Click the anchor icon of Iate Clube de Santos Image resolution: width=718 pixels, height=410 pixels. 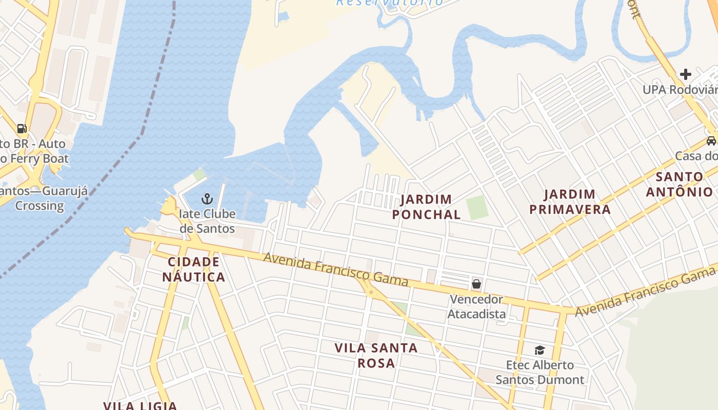[x=207, y=198]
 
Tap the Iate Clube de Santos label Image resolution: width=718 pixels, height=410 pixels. [x=207, y=221]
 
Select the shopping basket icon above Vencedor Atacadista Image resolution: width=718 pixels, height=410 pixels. [x=476, y=283]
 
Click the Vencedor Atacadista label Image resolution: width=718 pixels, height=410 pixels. [x=476, y=306]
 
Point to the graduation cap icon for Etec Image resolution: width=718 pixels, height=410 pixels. [x=540, y=350]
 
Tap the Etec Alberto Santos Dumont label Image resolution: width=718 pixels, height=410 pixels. [x=540, y=373]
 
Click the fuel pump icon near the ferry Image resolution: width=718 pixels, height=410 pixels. [x=22, y=128]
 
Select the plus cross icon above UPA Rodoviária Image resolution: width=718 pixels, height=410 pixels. [x=685, y=74]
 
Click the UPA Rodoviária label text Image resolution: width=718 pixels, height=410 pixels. [x=680, y=90]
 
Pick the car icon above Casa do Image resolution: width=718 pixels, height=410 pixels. [x=711, y=140]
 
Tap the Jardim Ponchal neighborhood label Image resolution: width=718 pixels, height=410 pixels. [x=426, y=207]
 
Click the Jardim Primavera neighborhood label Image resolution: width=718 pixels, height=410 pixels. [x=570, y=201]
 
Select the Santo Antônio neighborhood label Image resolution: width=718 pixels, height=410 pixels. [x=679, y=184]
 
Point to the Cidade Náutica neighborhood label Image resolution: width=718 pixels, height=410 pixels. [x=194, y=270]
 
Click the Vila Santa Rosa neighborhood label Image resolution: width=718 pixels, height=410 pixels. [x=376, y=355]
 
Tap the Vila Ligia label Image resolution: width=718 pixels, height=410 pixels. [x=140, y=405]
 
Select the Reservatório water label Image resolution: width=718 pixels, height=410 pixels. [x=390, y=3]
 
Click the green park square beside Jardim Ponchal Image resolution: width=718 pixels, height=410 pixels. [x=477, y=208]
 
